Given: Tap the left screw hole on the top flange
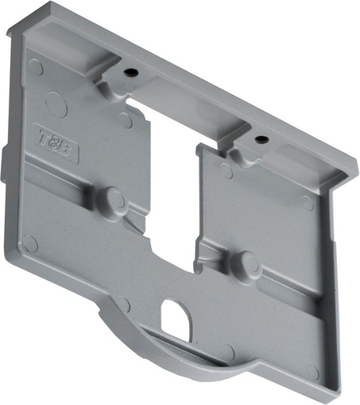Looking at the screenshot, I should tap(131, 73).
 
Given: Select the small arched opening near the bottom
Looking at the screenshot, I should tap(175, 318).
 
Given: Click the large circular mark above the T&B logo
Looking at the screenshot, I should tap(56, 103).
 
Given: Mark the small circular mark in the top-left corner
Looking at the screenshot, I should tap(36, 67).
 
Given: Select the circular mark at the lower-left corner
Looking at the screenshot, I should tap(30, 243).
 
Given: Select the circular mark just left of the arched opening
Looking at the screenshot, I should tap(124, 304).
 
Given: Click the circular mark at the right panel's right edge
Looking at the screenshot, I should tap(307, 203).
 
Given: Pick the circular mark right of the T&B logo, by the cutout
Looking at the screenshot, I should tap(125, 120).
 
